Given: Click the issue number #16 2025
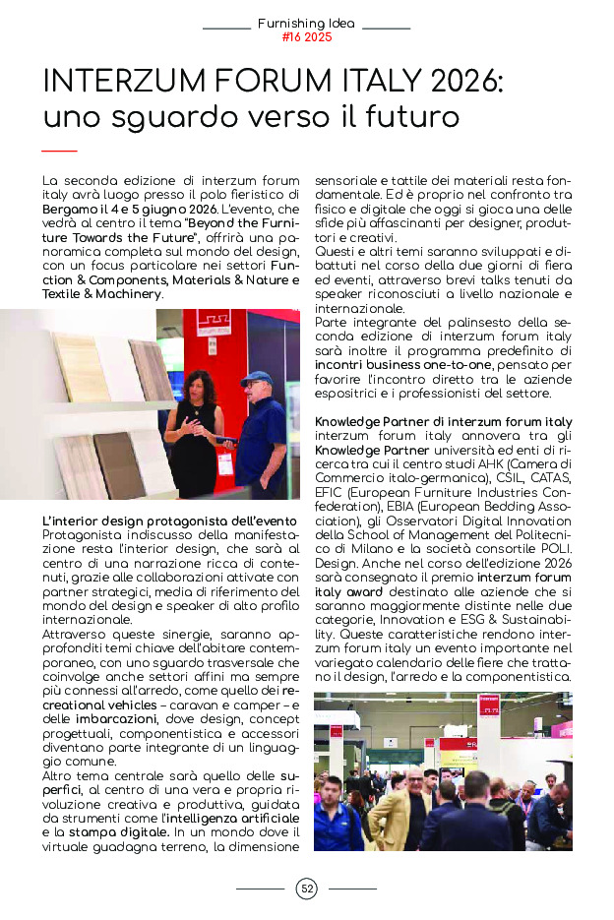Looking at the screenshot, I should (x=306, y=37).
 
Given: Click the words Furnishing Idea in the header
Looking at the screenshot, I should (x=306, y=23).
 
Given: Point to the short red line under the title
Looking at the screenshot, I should (x=60, y=151).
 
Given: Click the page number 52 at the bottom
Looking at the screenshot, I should (x=307, y=889).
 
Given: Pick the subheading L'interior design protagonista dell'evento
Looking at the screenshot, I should (x=169, y=521).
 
